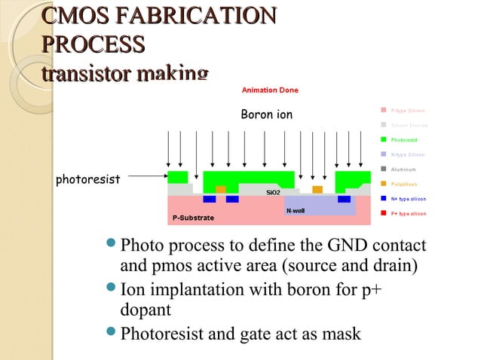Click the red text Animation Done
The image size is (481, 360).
[269, 90]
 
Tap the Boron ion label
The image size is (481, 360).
[266, 115]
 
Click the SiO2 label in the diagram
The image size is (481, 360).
[274, 192]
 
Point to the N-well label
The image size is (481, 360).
[295, 210]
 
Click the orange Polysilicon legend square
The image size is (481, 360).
[382, 184]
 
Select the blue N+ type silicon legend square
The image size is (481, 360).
[382, 199]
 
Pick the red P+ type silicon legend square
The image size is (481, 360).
[382, 214]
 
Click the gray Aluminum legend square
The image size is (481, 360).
[382, 169]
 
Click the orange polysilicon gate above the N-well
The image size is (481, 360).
[317, 189]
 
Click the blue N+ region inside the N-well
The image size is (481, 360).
[344, 200]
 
